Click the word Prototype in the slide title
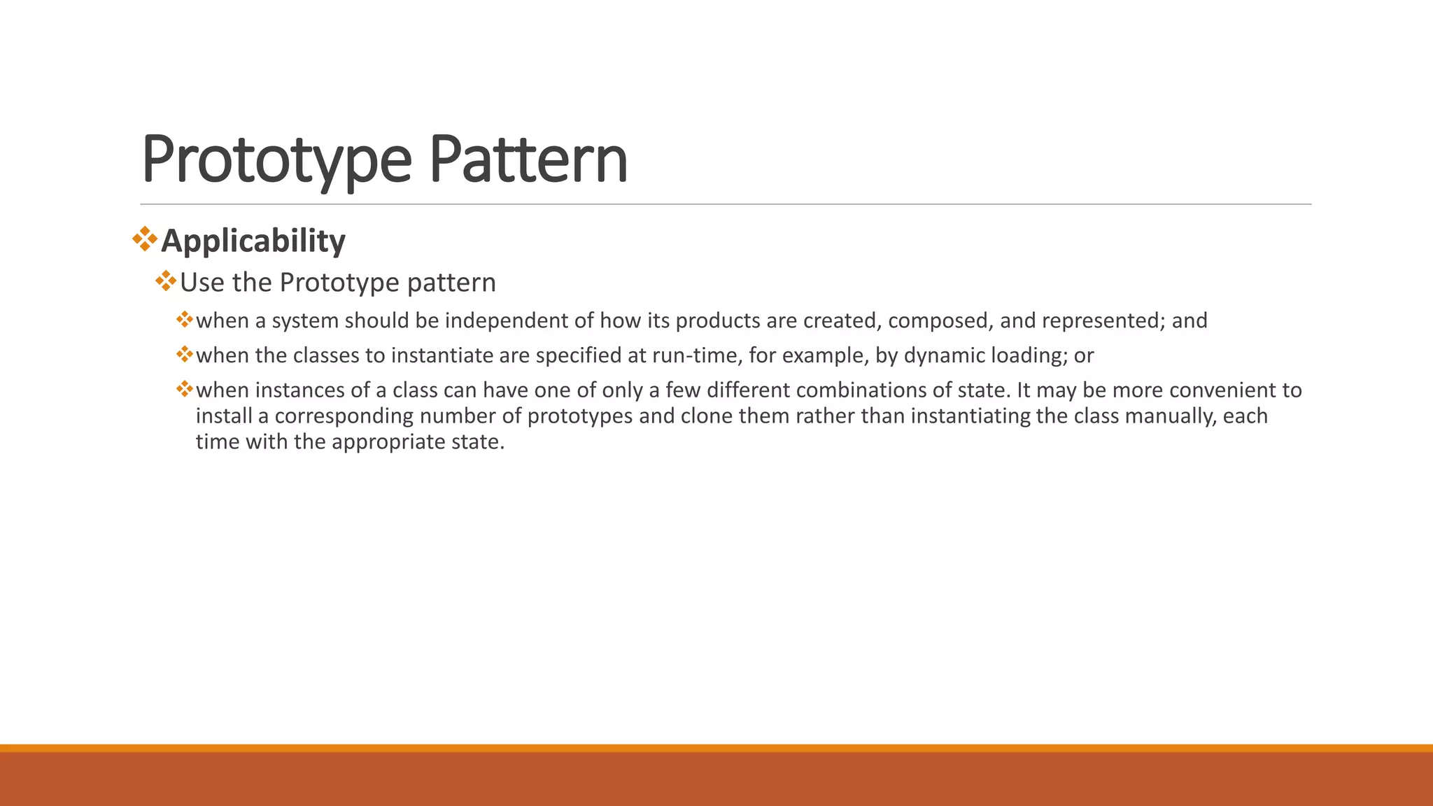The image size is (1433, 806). click(x=276, y=160)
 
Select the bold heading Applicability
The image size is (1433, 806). click(x=253, y=241)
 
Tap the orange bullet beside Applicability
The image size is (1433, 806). click(x=145, y=239)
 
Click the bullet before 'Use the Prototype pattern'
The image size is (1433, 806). click(x=167, y=282)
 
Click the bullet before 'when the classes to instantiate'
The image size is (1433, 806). click(x=185, y=355)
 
